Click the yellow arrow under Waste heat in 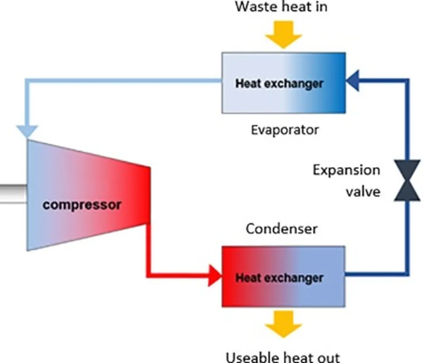(283, 35)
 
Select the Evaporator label (285, 130)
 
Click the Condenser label (282, 229)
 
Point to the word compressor (82, 205)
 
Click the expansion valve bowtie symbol (407, 180)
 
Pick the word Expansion (346, 170)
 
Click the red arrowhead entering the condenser (215, 276)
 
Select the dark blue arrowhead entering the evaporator (352, 80)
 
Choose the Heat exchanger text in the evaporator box (279, 84)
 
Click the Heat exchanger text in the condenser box (279, 278)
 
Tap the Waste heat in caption (281, 7)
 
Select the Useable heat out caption (283, 356)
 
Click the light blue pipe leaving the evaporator (124, 80)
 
